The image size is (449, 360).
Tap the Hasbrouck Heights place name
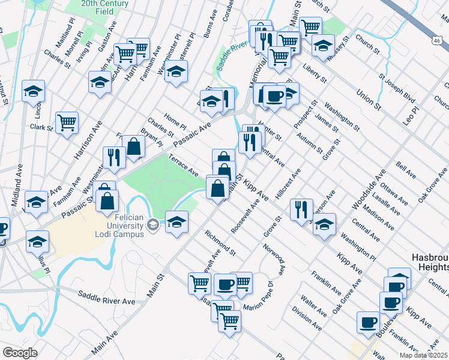[429, 262]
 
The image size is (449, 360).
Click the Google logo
[20, 353]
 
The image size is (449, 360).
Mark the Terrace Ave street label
[184, 164]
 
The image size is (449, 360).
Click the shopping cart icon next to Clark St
[67, 122]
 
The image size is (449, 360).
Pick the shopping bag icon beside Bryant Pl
[133, 145]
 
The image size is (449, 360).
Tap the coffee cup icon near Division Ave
[367, 322]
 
